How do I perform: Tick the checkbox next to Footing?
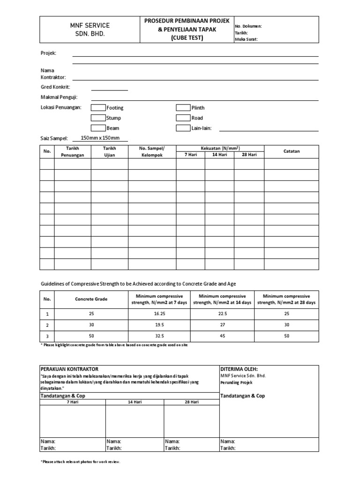point(98,107)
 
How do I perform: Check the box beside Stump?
point(98,118)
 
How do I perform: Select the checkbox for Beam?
point(98,128)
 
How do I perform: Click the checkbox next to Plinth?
point(183,107)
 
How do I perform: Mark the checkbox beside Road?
point(183,118)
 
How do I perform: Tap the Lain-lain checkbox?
point(183,128)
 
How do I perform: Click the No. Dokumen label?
point(248,27)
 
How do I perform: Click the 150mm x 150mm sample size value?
point(100,138)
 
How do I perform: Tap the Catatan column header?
point(292,151)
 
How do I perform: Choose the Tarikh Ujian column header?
point(109,151)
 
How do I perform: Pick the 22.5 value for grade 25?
point(223,313)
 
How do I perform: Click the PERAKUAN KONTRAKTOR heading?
point(69,369)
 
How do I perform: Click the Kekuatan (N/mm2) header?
point(220,148)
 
